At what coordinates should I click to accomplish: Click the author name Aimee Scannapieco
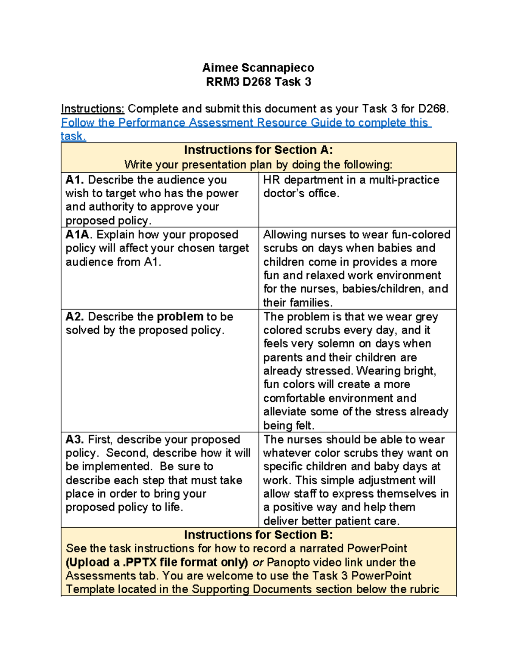coord(258,68)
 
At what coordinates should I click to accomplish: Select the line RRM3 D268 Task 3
coord(258,82)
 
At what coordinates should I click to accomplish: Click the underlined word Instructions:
coord(93,109)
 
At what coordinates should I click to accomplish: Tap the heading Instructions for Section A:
coord(258,150)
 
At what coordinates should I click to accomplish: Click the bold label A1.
coord(75,180)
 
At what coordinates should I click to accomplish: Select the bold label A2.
coord(75,317)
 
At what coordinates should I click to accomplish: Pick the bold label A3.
coord(75,439)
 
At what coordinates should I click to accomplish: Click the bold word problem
coord(180,317)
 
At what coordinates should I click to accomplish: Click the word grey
coord(427,317)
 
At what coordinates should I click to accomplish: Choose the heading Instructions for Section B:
coord(258,535)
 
